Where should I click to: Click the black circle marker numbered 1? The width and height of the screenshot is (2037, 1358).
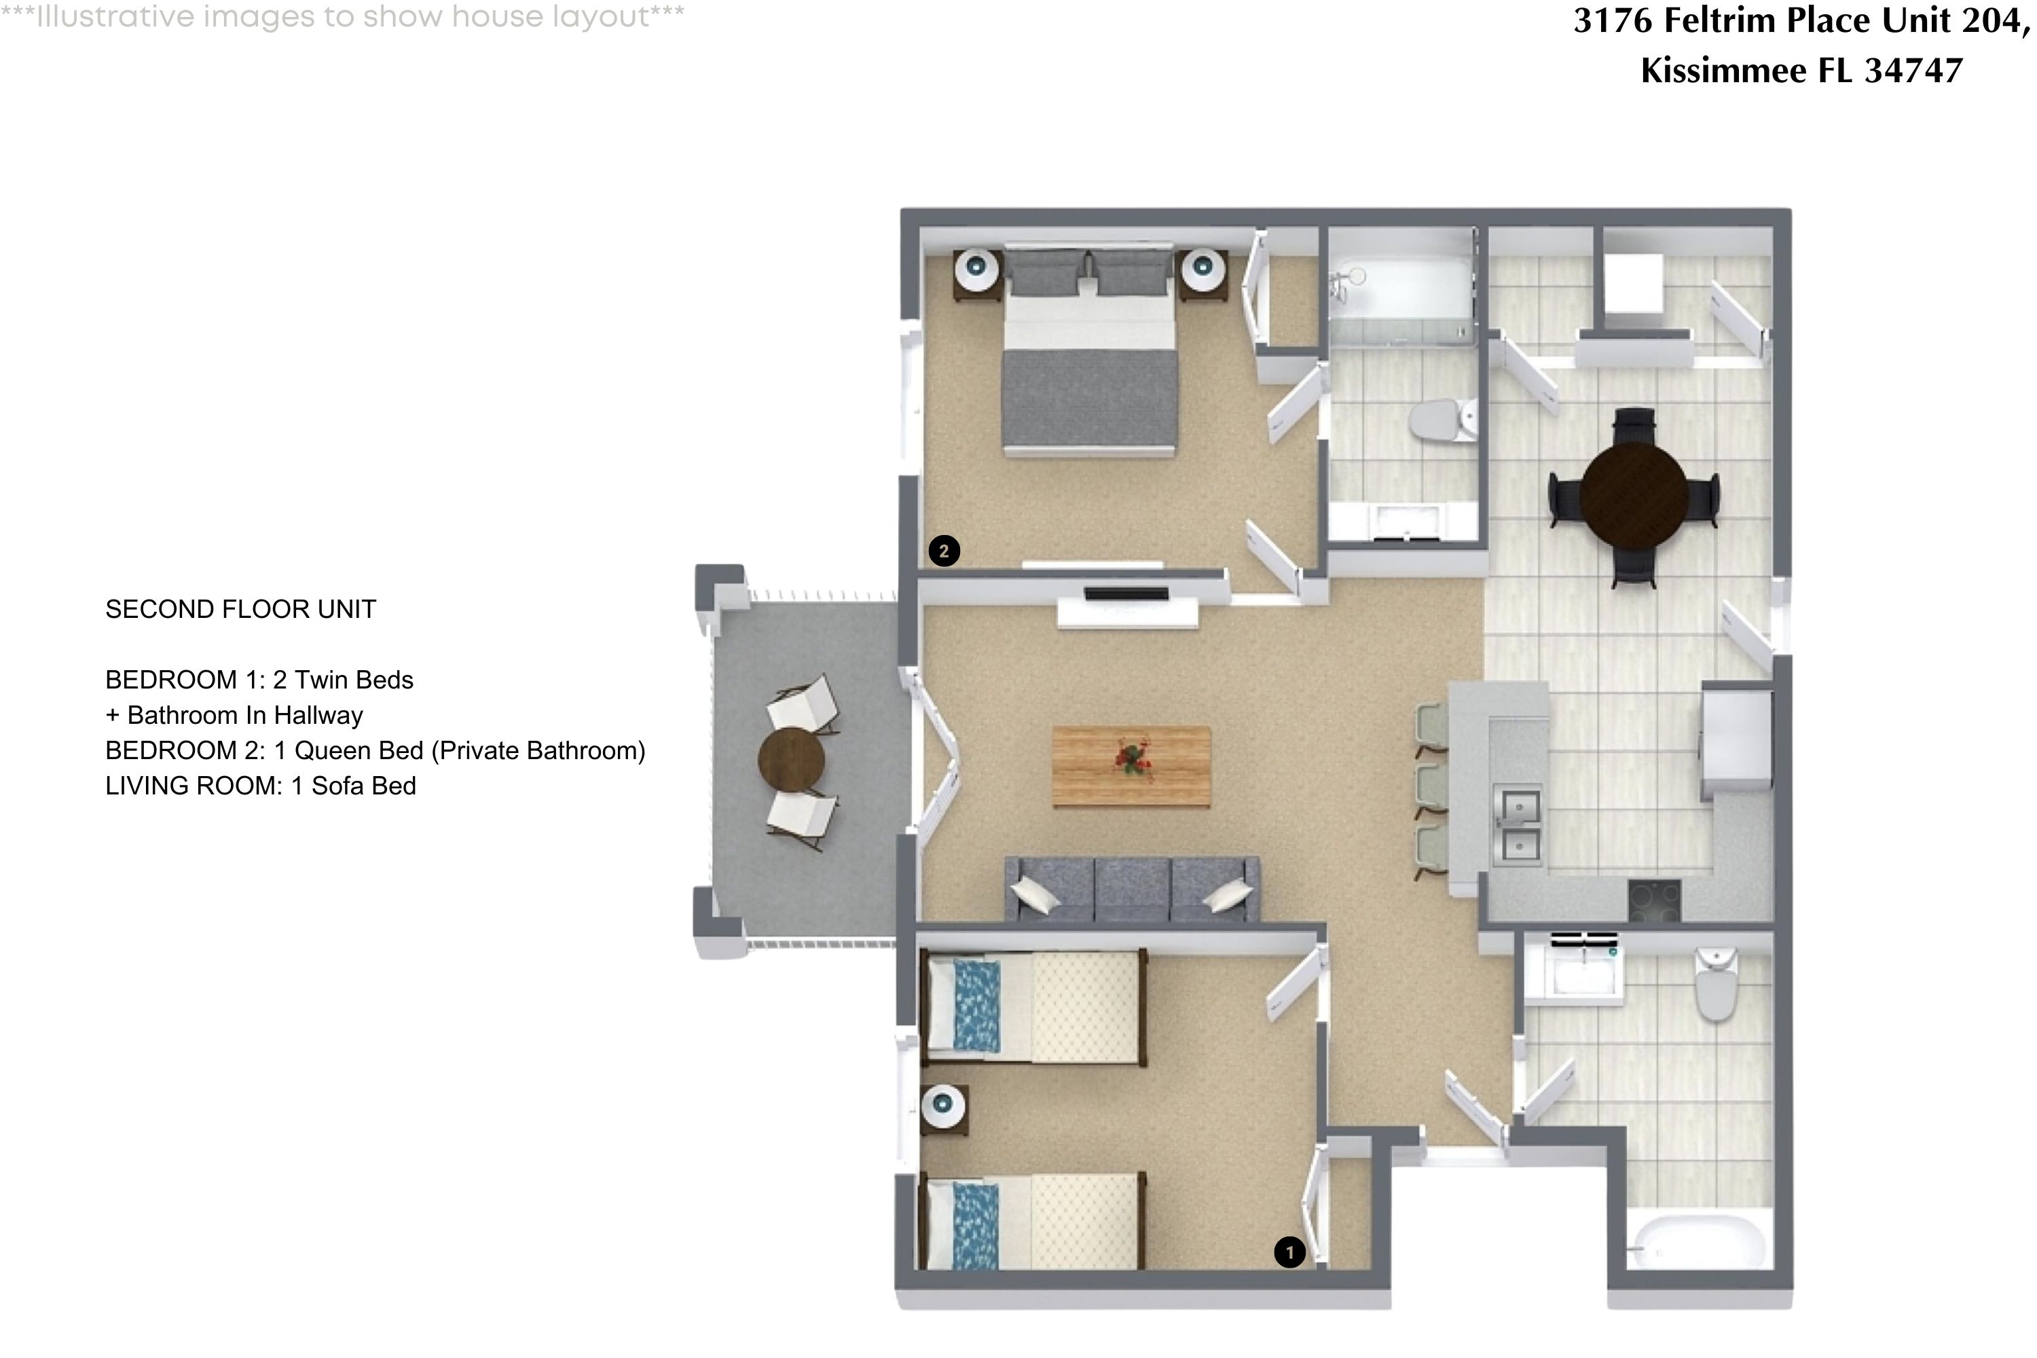1289,1251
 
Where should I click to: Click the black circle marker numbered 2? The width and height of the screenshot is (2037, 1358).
943,550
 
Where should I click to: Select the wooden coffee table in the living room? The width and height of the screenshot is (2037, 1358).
1131,766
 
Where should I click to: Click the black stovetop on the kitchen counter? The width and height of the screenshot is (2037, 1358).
1654,901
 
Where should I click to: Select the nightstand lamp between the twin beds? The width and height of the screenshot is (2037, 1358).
943,1104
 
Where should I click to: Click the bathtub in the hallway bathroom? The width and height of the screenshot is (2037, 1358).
1698,1244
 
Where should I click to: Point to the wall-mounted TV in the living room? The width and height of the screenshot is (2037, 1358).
1126,594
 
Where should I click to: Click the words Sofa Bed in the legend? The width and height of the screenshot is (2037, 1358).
364,786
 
